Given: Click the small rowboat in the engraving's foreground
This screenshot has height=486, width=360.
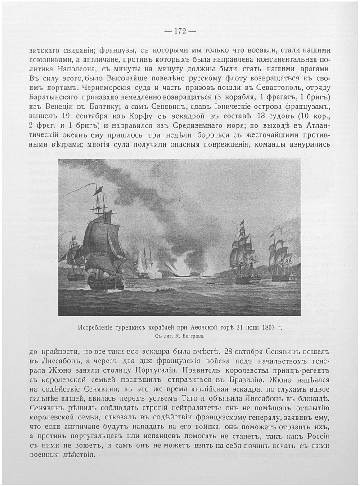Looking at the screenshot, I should click(x=166, y=290).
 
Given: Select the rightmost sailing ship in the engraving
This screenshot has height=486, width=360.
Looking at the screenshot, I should click(x=280, y=259).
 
